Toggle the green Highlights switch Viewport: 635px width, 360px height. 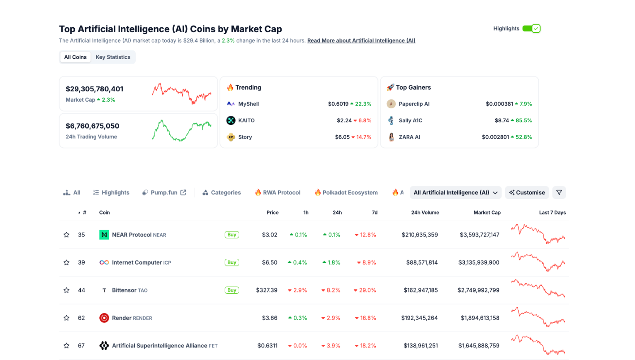(531, 29)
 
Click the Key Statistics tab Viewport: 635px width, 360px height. (113, 57)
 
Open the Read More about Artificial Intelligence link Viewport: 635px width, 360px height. (361, 41)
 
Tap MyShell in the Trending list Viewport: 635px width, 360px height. (249, 104)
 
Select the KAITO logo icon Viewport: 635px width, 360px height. (231, 120)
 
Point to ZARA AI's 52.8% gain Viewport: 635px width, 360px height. (523, 137)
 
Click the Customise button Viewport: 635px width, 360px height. (527, 193)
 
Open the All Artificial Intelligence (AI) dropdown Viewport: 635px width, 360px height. (455, 193)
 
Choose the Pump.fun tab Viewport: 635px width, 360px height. (164, 193)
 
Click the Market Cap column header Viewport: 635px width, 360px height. (487, 213)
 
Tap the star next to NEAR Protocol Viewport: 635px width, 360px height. (67, 235)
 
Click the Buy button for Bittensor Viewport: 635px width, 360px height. (232, 290)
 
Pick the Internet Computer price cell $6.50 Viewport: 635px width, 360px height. (270, 262)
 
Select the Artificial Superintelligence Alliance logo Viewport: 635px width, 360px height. (104, 346)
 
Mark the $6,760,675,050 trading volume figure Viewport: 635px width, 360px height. (93, 126)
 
